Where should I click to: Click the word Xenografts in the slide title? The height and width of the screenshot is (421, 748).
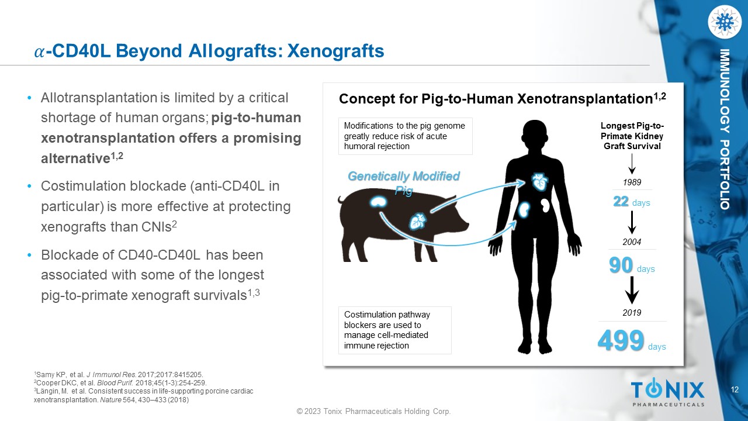[x=335, y=51]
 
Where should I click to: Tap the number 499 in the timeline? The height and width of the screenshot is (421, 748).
[x=621, y=340]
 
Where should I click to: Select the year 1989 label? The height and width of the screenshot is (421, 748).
[x=632, y=182]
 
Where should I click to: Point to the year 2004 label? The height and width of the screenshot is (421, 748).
[x=632, y=242]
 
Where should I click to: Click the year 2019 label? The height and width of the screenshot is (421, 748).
[x=632, y=313]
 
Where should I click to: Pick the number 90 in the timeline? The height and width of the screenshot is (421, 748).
[x=621, y=265]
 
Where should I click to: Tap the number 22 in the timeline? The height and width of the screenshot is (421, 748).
[x=621, y=202]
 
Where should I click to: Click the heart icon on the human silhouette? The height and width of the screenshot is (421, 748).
[x=539, y=182]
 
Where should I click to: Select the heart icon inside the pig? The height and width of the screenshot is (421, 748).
[x=418, y=221]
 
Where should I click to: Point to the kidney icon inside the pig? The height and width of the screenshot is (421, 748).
[x=378, y=202]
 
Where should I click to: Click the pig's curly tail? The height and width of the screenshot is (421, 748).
[x=341, y=201]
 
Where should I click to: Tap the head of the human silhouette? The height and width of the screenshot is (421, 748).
[x=535, y=134]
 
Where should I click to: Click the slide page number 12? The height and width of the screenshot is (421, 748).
[x=735, y=389]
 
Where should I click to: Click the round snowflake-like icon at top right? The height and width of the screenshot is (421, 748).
[x=724, y=22]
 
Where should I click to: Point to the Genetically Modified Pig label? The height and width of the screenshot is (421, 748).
[x=404, y=183]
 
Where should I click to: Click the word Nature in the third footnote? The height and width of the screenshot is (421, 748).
[x=110, y=399]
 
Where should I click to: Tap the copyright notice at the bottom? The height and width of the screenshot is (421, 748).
[x=373, y=411]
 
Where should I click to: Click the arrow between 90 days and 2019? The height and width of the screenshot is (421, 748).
[x=632, y=290]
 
